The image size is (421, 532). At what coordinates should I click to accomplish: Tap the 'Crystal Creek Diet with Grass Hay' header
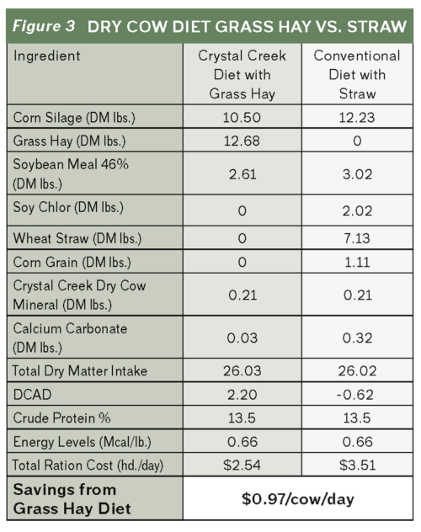[x=242, y=75]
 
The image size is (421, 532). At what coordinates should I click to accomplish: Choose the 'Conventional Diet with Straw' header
[x=356, y=75]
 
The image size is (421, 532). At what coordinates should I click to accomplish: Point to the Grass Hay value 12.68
[x=242, y=141]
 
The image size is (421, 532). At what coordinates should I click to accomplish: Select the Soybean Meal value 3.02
[x=356, y=173]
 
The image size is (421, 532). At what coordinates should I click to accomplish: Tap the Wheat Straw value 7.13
[x=356, y=238]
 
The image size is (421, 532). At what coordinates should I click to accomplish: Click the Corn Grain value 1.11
[x=356, y=263]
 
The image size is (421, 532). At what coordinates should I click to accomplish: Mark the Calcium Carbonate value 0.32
[x=356, y=338]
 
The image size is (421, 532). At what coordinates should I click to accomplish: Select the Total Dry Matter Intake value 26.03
[x=242, y=369]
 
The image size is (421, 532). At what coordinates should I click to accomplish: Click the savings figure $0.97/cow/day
[x=299, y=498]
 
